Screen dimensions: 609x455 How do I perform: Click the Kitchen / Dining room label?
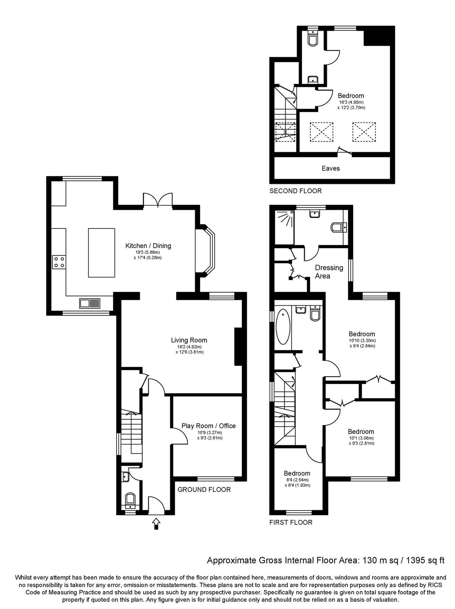click(x=148, y=246)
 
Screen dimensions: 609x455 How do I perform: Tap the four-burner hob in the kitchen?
click(x=59, y=262)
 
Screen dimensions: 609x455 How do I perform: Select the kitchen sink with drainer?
click(x=90, y=303)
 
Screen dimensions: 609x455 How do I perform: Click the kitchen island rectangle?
click(x=101, y=252)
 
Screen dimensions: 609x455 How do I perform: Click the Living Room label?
click(x=189, y=340)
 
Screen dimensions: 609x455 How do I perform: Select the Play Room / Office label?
click(x=208, y=426)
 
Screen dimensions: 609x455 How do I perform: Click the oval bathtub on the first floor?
click(x=283, y=326)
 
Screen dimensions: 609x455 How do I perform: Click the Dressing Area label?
click(x=329, y=272)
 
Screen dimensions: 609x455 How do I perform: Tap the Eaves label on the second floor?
click(x=331, y=168)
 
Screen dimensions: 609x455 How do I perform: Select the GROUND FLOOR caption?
click(x=204, y=490)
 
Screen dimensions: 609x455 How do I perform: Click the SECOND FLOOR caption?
click(x=295, y=191)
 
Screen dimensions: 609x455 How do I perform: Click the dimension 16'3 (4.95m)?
click(x=351, y=102)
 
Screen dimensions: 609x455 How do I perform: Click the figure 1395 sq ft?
click(x=425, y=561)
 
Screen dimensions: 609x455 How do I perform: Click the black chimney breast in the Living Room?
click(x=239, y=346)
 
